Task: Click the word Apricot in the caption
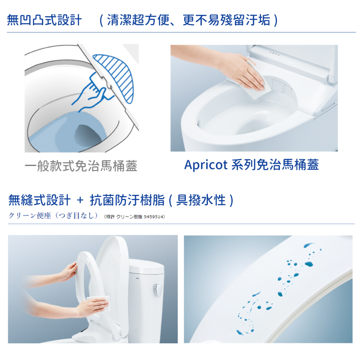206,165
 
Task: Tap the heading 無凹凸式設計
44,20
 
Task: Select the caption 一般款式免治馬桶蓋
81,166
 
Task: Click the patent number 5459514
153,216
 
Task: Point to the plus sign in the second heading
80,200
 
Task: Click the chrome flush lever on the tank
157,290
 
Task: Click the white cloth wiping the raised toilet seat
98,301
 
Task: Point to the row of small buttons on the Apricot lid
274,54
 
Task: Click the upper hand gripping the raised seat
68,272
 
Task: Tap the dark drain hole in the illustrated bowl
88,136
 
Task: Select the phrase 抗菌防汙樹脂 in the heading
127,200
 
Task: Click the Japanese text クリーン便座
30,216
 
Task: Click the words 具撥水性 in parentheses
201,200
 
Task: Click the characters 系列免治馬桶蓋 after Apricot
275,165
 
